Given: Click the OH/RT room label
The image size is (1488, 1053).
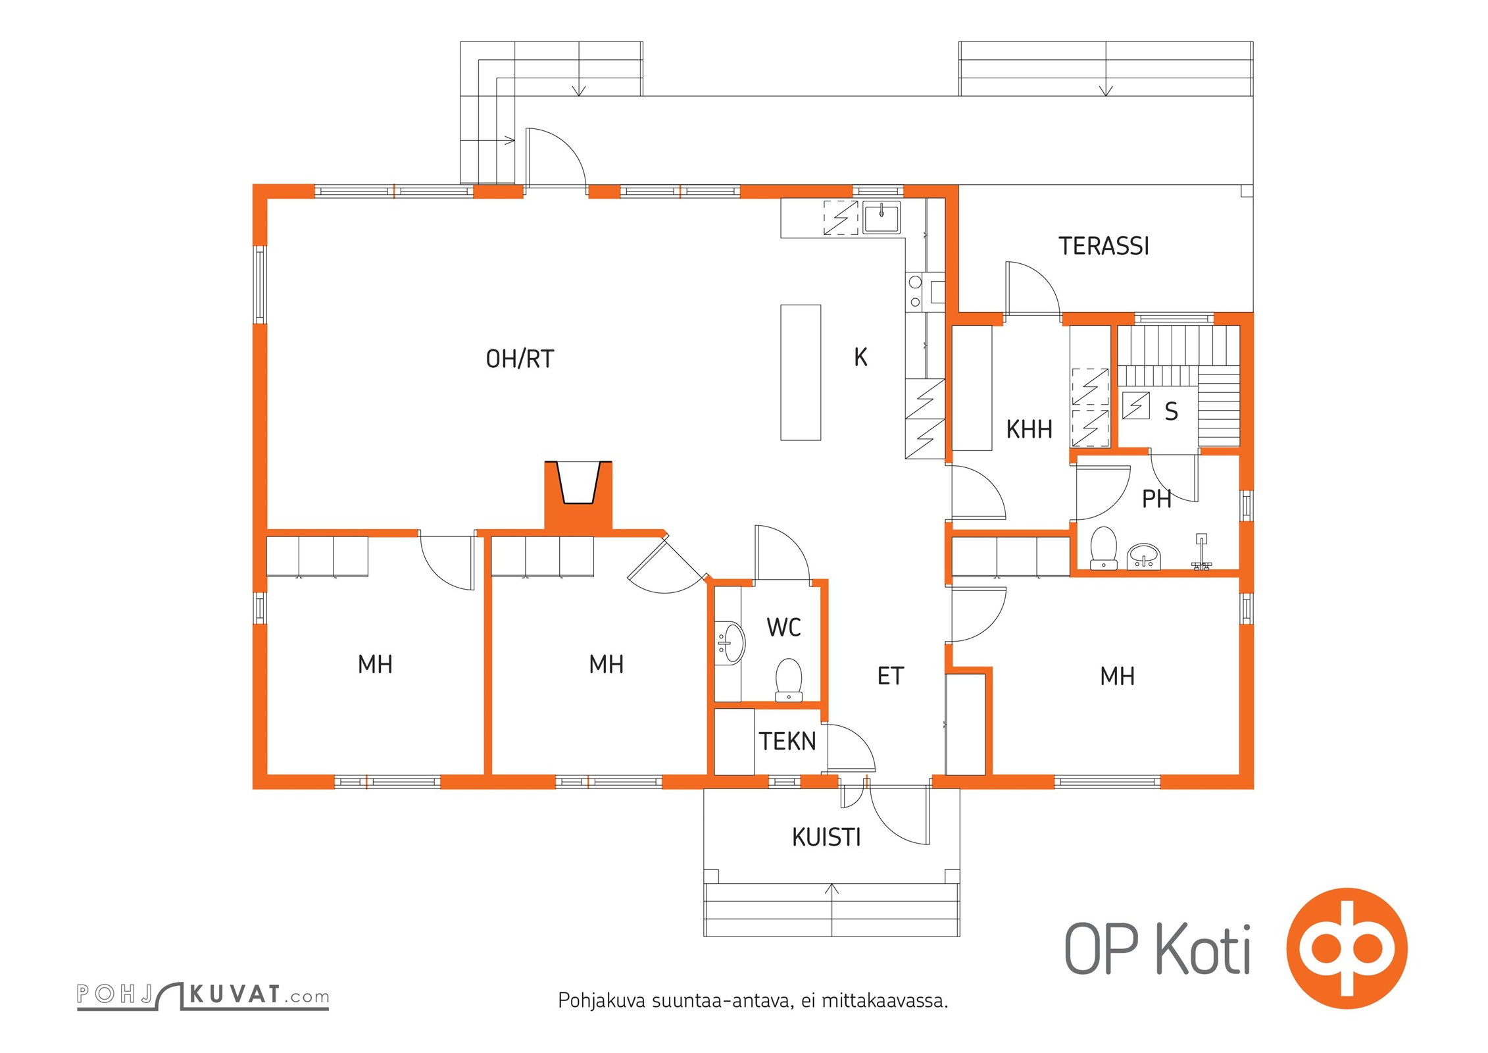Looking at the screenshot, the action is click(x=520, y=359).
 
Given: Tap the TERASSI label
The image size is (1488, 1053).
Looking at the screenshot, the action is click(x=1104, y=246).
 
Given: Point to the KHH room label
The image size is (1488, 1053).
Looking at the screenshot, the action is click(x=1029, y=430).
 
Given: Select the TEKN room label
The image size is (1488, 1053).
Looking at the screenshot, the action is click(x=787, y=742).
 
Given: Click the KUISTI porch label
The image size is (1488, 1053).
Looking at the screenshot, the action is click(x=826, y=838).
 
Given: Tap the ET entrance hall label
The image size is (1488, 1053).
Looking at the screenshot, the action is click(x=891, y=676).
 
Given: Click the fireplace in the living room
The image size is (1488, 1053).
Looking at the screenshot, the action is click(x=579, y=494).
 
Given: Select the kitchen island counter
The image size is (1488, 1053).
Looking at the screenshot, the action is click(x=801, y=372).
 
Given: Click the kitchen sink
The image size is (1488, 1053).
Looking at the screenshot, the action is click(x=881, y=217).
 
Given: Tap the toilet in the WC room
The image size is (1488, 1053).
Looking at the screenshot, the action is click(x=789, y=679).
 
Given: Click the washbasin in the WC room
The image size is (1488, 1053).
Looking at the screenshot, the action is click(x=730, y=644).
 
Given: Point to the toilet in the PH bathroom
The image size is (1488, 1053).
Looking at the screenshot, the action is click(x=1103, y=548).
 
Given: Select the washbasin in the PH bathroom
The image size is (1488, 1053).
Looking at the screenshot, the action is click(x=1145, y=556).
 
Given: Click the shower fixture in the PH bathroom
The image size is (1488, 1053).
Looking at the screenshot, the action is click(x=1201, y=552).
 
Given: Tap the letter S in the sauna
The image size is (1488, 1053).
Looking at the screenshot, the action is click(x=1171, y=411).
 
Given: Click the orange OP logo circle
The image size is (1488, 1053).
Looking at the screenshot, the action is click(x=1347, y=948).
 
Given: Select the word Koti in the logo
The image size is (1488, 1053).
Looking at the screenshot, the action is click(x=1203, y=948).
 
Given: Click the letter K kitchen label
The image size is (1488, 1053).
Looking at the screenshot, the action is click(x=860, y=357).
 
